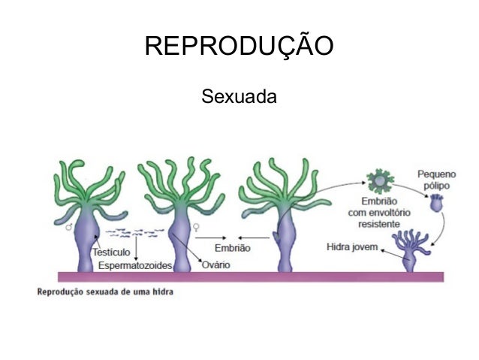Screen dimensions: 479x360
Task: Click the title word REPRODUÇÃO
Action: point(239,47)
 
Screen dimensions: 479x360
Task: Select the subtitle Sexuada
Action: point(239,97)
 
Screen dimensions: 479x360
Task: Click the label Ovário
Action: point(215,265)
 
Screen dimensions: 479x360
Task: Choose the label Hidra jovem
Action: point(351,247)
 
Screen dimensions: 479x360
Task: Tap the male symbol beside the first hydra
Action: point(69,225)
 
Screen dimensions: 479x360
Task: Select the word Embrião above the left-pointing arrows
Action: point(233,247)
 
